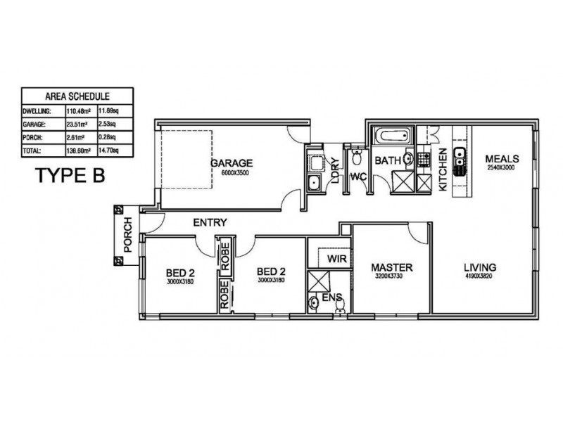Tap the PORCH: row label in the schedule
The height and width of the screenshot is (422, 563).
36,137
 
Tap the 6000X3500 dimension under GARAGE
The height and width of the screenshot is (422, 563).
232,172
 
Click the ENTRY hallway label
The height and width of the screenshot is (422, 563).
210,223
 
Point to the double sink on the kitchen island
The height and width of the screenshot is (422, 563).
460,162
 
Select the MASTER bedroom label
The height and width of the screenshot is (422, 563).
391,267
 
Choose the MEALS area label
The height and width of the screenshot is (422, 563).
502,158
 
